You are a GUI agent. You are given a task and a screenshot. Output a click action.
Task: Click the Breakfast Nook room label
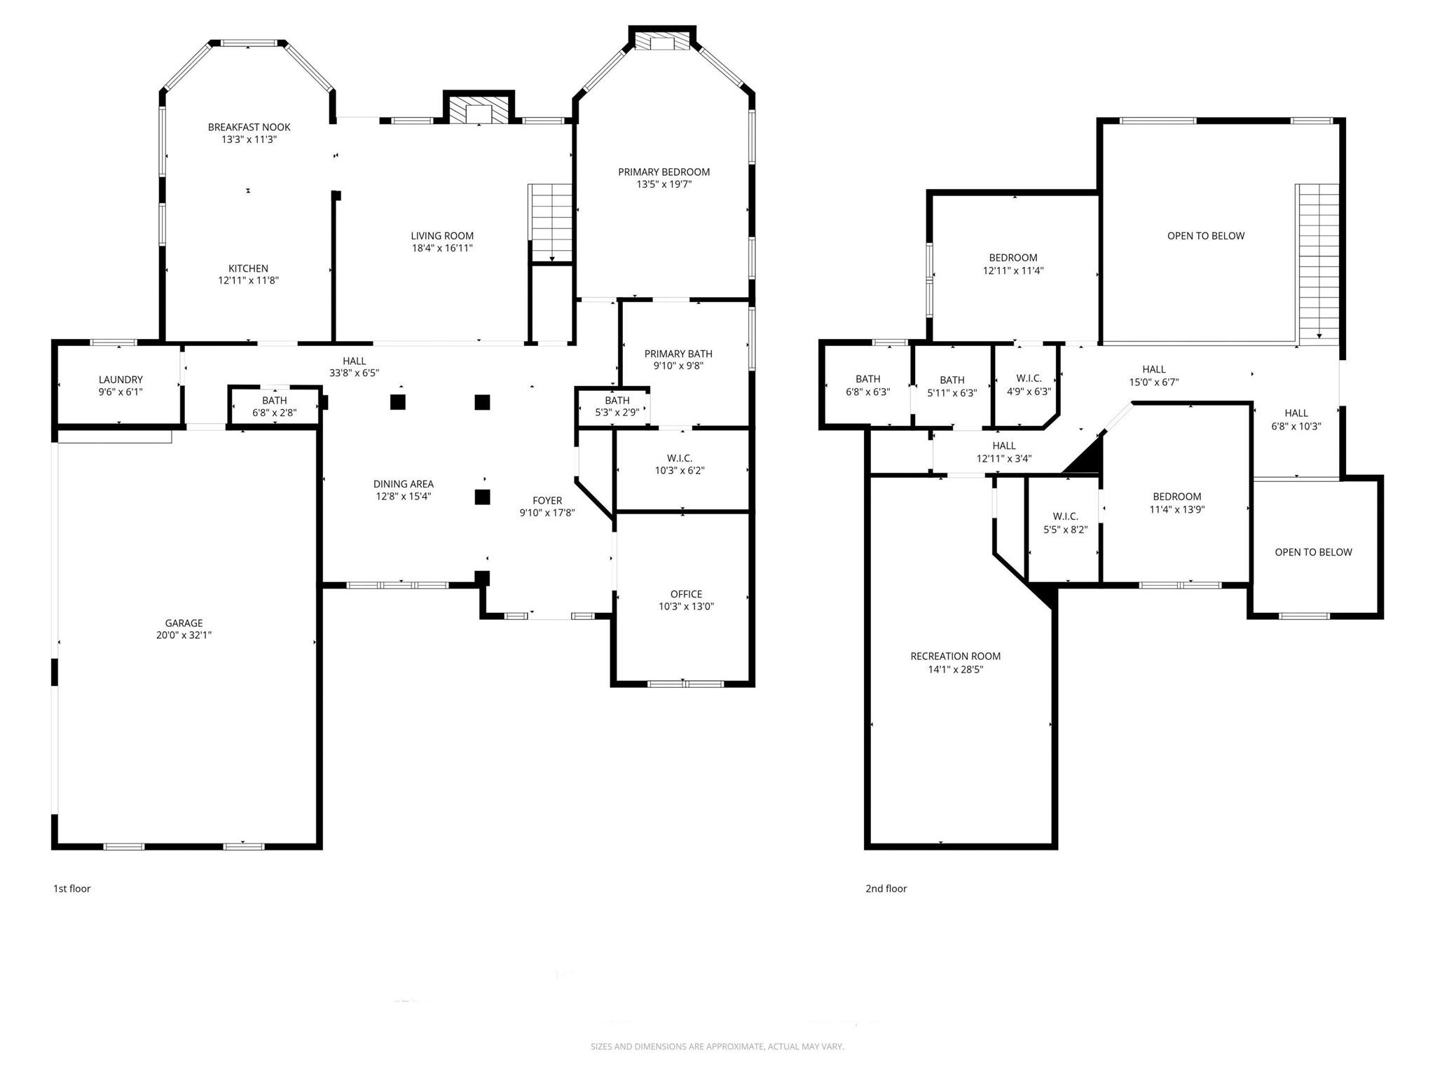(x=249, y=127)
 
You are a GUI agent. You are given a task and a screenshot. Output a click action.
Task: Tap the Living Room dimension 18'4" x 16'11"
(x=441, y=248)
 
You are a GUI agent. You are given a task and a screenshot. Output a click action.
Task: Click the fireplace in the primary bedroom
(x=661, y=43)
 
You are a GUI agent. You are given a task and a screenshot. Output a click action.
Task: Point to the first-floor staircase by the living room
(x=551, y=222)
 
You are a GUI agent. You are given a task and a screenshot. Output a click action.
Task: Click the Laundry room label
(x=121, y=380)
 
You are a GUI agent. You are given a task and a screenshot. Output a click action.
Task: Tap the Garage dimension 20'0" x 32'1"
(x=184, y=635)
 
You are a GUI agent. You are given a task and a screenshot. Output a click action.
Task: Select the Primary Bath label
(x=678, y=354)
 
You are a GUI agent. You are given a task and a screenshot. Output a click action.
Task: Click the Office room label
(x=685, y=594)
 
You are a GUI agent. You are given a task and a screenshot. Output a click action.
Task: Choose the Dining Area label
(x=403, y=484)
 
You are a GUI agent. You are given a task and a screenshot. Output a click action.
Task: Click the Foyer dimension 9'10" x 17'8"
(x=547, y=513)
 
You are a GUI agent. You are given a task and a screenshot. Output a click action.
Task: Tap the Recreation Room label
(x=955, y=656)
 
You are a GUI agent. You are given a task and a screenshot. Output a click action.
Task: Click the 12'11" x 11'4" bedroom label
(x=1013, y=258)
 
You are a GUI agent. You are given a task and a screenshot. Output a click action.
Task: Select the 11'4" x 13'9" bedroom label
(x=1176, y=497)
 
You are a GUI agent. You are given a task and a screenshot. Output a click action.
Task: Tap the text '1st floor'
(x=72, y=888)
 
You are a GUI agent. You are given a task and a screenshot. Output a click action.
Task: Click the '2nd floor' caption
(x=886, y=888)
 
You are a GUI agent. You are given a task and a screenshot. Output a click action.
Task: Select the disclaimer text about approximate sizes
(x=717, y=1047)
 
